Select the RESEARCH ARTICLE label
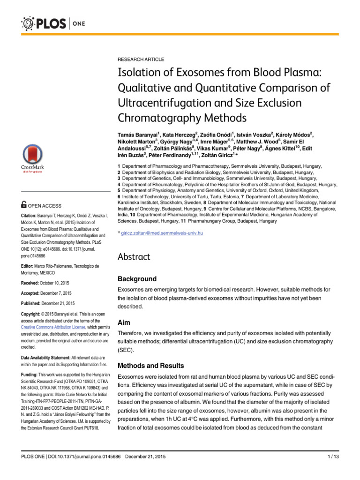tap(141, 60)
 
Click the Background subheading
tap(137, 279)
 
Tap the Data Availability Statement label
tap(50, 357)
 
